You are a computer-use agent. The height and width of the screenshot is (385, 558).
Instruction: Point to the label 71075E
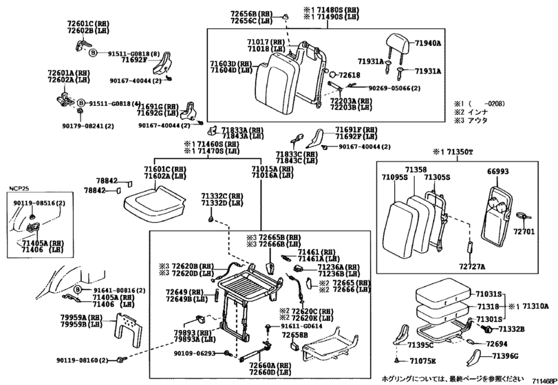coord(422,361)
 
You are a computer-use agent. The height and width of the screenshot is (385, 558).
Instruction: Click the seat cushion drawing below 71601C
coord(152,200)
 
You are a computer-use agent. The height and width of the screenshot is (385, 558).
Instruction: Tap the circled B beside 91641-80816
coord(78,290)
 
